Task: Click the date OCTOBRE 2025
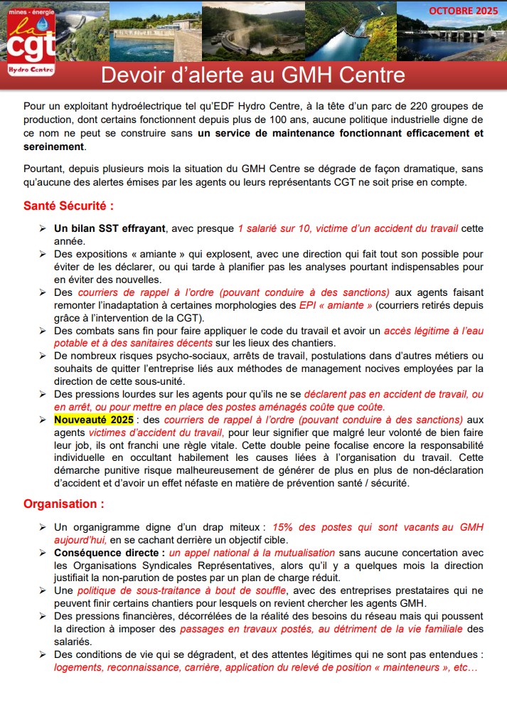pos(463,11)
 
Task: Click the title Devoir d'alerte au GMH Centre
pos(253,75)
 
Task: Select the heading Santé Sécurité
pos(68,206)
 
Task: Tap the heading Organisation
pos(63,504)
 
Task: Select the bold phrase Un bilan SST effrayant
pos(110,228)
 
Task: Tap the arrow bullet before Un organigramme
pos(42,527)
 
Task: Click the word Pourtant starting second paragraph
pos(44,169)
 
